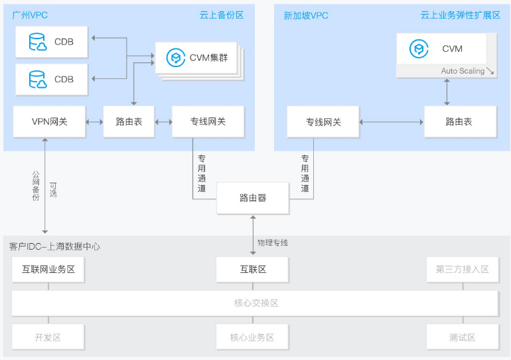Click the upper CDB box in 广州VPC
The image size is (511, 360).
pyautogui.click(x=51, y=42)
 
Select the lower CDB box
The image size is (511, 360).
pyautogui.click(x=51, y=79)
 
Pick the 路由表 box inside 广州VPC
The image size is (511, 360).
pyautogui.click(x=128, y=122)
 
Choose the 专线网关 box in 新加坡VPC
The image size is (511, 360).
pyautogui.click(x=323, y=122)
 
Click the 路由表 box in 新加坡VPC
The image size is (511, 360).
pyautogui.click(x=459, y=122)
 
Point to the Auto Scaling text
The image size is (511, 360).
pyautogui.click(x=463, y=71)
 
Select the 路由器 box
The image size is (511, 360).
pyautogui.click(x=253, y=198)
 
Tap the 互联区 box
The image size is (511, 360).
pyautogui.click(x=253, y=270)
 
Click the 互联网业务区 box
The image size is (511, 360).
pyautogui.click(x=48, y=270)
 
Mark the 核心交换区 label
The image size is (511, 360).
pyautogui.click(x=256, y=303)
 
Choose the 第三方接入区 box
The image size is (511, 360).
pyautogui.click(x=462, y=270)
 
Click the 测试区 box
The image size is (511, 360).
pyautogui.click(x=462, y=337)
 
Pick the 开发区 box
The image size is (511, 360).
pyautogui.click(x=48, y=337)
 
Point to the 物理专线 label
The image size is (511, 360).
pyautogui.click(x=273, y=243)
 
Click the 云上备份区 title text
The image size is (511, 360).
pyautogui.click(x=222, y=15)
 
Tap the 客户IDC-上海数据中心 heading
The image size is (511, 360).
pyautogui.click(x=55, y=246)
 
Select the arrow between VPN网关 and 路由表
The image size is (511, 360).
pyautogui.click(x=94, y=122)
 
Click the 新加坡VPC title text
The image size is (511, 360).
pyautogui.click(x=306, y=15)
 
